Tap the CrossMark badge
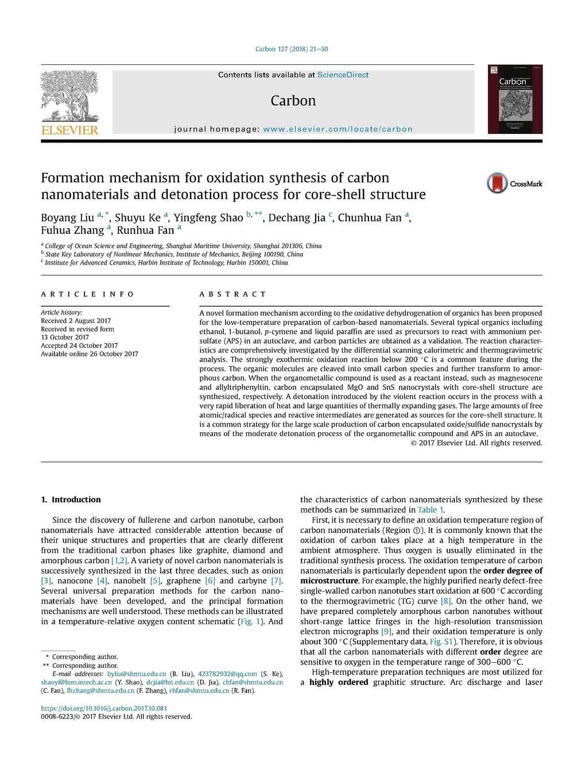(x=514, y=183)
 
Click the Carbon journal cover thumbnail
(x=515, y=99)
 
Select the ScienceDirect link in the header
(x=343, y=75)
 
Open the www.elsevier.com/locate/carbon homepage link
(x=338, y=129)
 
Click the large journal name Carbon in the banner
(x=293, y=101)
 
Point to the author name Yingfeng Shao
(x=208, y=218)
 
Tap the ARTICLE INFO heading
(x=87, y=294)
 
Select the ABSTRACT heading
(x=232, y=294)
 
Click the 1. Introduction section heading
(x=71, y=499)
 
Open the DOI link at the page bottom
(x=104, y=708)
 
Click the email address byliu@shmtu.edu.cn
(x=137, y=674)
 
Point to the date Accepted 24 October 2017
(x=79, y=345)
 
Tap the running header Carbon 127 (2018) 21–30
(x=292, y=49)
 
